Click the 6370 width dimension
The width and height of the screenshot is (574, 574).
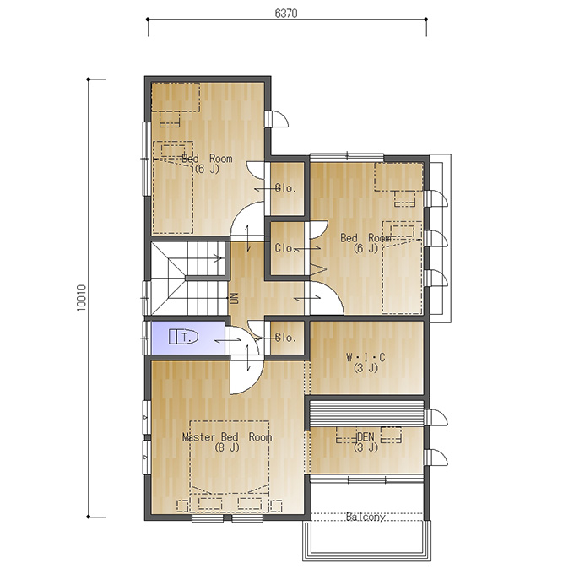point(286,14)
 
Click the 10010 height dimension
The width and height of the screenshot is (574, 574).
point(81,298)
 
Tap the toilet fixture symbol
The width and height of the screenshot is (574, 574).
point(183,337)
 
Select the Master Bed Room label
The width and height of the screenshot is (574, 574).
point(227,436)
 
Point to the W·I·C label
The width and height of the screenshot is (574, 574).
point(366,357)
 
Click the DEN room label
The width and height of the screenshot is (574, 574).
point(366,436)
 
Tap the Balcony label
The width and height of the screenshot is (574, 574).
point(366,517)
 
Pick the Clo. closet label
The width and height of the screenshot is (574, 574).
point(284,248)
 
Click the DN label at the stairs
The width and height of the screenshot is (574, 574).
point(235,298)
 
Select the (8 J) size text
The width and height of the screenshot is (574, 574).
point(227,447)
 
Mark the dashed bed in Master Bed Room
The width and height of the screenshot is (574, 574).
point(230,466)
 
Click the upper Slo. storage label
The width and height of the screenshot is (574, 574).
point(285,188)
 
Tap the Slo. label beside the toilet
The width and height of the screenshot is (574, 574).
point(285,338)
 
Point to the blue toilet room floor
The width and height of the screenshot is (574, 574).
point(187,337)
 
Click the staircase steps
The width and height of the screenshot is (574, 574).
point(189,279)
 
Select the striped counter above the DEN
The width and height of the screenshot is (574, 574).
point(367,414)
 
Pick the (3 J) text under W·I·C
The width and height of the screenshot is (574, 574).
point(366,367)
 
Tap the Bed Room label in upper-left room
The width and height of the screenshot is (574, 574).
point(207,159)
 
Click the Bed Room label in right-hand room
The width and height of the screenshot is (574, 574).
point(366,238)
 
